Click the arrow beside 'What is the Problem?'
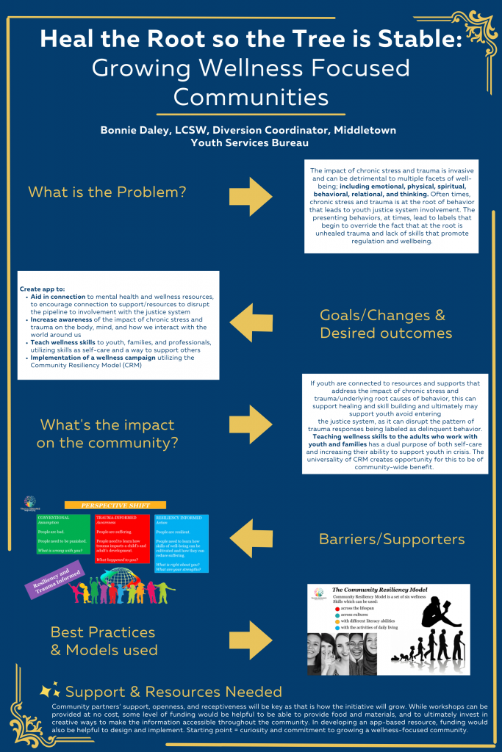click(251, 192)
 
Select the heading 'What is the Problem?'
click(107, 192)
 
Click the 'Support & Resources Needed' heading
click(173, 691)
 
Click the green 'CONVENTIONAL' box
click(63, 534)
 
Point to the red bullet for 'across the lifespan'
click(337, 609)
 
